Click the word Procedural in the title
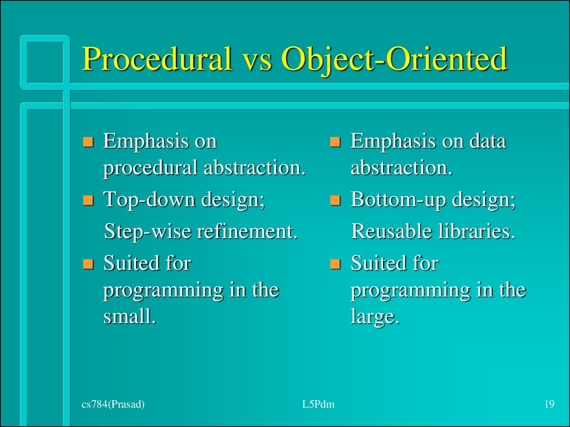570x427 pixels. [157, 59]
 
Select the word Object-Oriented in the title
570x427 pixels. [395, 59]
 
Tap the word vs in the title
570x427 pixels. [257, 59]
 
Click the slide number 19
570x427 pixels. [549, 405]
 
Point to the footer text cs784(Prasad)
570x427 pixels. [113, 405]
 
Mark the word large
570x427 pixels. [375, 316]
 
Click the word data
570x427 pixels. [488, 141]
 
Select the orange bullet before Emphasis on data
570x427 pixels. [334, 142]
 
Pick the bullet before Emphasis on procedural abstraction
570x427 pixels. [87, 142]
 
